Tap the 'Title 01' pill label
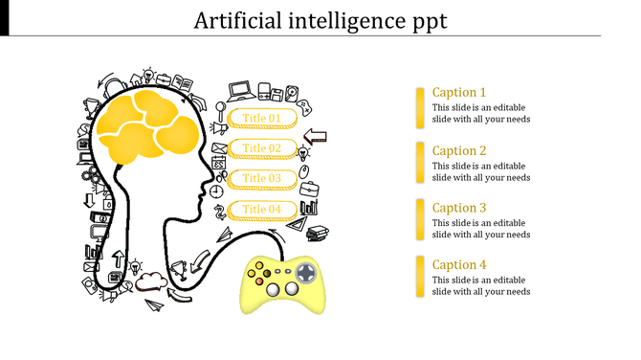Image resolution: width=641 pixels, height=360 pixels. [x=261, y=119]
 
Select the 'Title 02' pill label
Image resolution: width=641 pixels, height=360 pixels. [x=261, y=148]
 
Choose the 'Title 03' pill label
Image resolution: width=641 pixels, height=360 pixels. [x=261, y=178]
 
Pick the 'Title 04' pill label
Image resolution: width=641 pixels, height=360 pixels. [x=261, y=209]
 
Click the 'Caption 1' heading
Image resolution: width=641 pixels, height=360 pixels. [x=459, y=93]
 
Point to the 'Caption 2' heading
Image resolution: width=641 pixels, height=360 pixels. [x=459, y=150]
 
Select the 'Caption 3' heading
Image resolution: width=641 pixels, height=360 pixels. [x=459, y=208]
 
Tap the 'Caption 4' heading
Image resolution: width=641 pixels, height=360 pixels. [x=459, y=265]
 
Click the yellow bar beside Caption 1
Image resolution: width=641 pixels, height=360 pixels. [x=420, y=106]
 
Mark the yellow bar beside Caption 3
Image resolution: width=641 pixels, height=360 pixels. [x=420, y=221]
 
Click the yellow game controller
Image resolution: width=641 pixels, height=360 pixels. [x=284, y=282]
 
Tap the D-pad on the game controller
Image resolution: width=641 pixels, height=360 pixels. [x=305, y=274]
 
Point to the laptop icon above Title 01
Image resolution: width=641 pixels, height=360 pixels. [x=240, y=91]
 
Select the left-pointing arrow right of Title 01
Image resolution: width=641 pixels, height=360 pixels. [x=315, y=136]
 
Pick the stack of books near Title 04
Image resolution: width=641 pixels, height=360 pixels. [x=317, y=232]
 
